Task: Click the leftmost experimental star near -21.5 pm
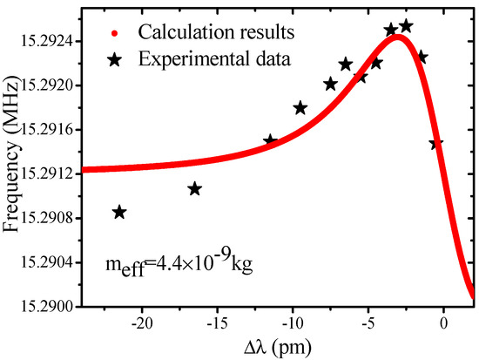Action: pos(119,212)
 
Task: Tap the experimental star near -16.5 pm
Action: pos(195,189)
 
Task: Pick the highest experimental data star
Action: pos(406,26)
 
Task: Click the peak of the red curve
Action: pos(398,37)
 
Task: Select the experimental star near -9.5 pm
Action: pos(300,108)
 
